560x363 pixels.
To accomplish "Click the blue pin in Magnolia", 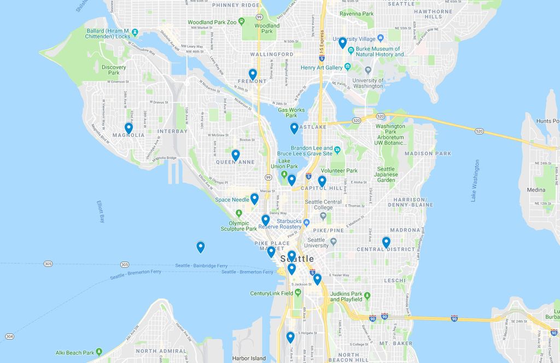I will point(129,128).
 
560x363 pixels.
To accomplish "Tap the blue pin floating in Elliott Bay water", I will point(201,247).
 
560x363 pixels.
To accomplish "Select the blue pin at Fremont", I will point(253,74).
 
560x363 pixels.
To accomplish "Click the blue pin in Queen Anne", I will point(236,155).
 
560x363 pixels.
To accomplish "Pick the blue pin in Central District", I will point(386,242).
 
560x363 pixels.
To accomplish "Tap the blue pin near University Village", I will point(342,43).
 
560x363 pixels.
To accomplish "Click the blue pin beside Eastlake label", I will point(294,128).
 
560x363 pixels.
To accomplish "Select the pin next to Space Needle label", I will point(254,199).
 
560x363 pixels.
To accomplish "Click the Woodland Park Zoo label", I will point(212,22).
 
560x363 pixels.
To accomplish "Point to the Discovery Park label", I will point(114,70).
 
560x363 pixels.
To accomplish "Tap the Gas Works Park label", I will point(291,113).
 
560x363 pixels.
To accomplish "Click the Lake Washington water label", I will point(475,181).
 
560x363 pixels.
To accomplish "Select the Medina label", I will point(536,190).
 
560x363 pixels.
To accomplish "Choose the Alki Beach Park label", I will point(74,353).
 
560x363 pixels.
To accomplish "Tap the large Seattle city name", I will point(297,259).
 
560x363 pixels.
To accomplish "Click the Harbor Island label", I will point(248,359).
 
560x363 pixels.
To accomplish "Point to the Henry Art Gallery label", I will point(322,68).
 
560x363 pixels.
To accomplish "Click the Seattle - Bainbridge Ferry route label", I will point(201,266).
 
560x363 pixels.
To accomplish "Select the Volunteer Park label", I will point(339,171).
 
